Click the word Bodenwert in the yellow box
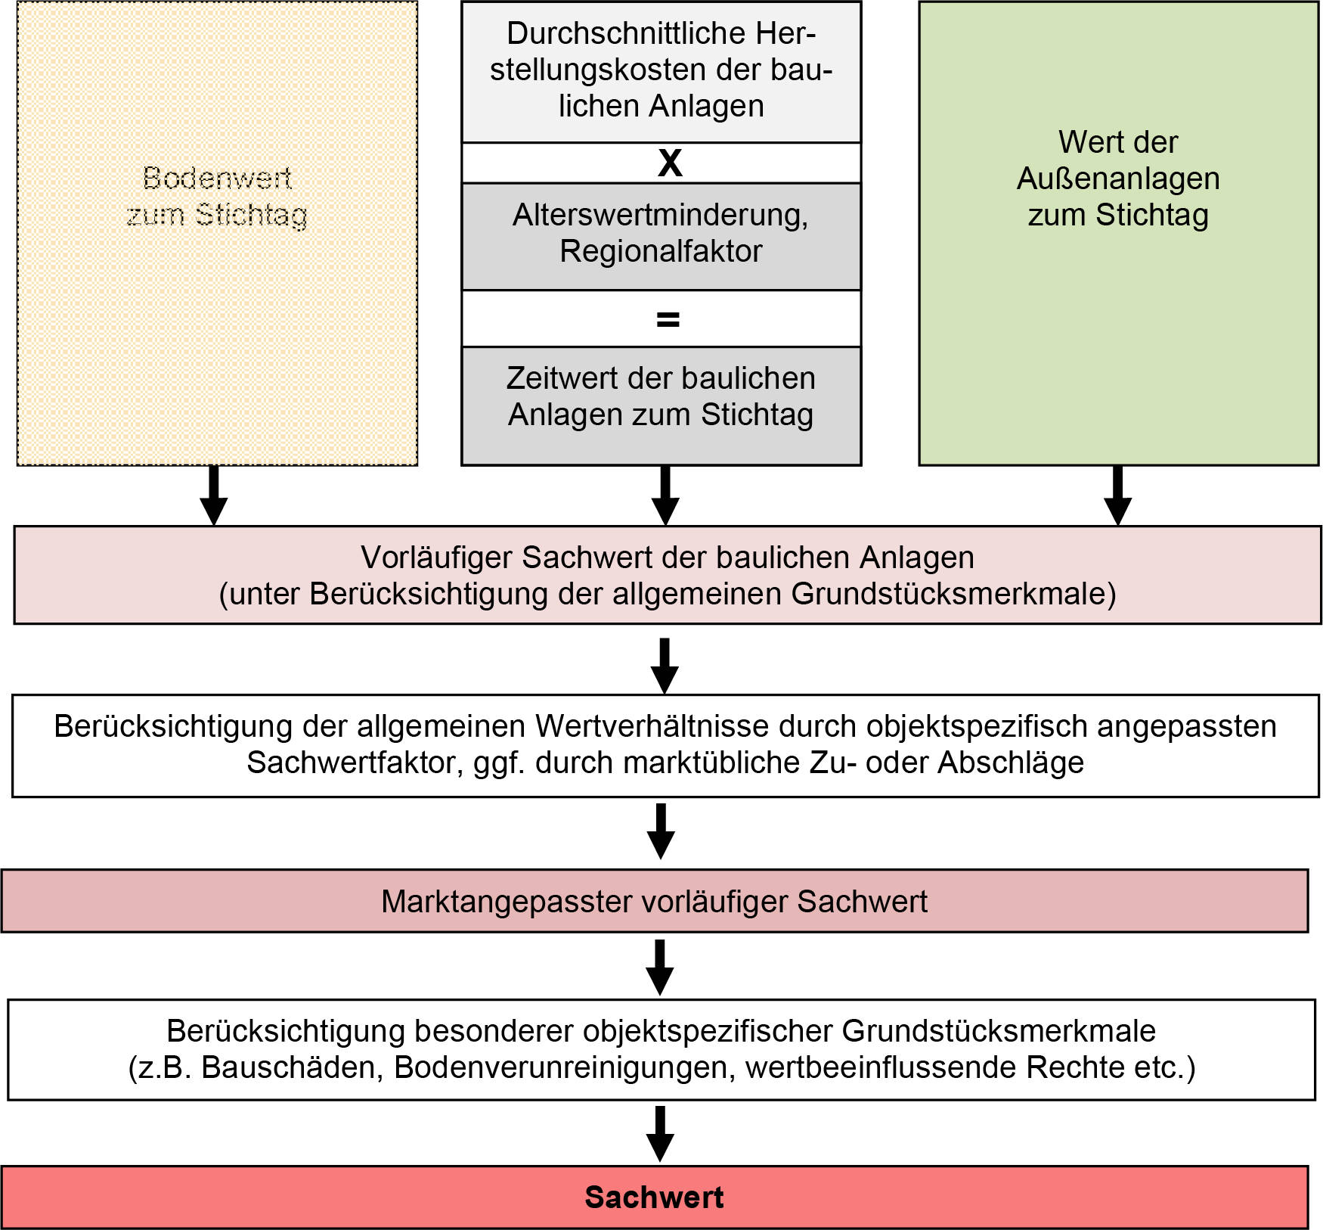point(217,179)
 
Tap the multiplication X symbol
point(670,163)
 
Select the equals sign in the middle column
point(668,320)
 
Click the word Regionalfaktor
point(661,251)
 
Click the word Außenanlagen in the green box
point(1117,179)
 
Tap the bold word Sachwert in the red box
point(654,1197)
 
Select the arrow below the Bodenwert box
point(214,495)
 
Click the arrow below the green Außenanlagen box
point(1117,495)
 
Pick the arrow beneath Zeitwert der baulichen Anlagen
point(665,495)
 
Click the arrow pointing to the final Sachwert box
point(660,1133)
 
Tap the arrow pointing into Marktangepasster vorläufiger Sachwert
point(661,831)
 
